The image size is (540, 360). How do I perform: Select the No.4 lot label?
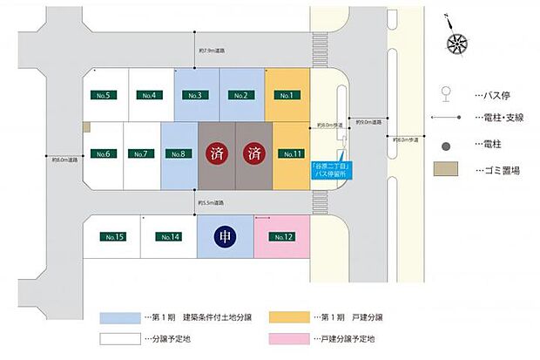tap(149, 94)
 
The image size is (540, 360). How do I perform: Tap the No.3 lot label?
tap(194, 94)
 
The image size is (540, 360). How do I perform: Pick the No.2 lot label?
tap(240, 94)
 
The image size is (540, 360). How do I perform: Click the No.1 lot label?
tap(286, 94)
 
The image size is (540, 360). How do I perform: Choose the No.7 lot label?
tap(141, 154)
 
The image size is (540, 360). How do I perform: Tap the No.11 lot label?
tap(289, 154)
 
